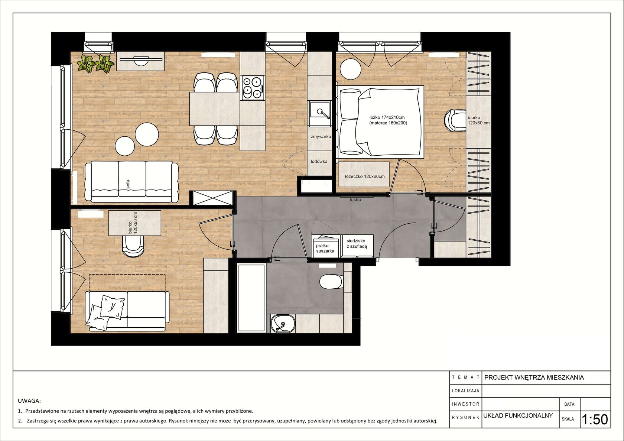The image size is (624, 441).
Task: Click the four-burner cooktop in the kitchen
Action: tap(252, 88)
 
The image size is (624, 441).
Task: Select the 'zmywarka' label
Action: tap(321, 137)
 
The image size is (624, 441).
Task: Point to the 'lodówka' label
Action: tap(319, 161)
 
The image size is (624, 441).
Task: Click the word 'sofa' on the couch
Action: tap(128, 184)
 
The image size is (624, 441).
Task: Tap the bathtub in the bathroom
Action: tap(251, 298)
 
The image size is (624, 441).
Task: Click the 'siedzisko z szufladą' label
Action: tap(357, 243)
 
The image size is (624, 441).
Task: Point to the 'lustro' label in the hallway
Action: tap(356, 200)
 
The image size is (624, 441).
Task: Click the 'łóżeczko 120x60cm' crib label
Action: tap(365, 176)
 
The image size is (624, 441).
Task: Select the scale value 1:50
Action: tap(594, 419)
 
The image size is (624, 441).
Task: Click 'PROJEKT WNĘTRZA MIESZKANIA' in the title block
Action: tap(534, 377)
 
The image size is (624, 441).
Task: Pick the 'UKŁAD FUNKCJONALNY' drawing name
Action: tap(518, 415)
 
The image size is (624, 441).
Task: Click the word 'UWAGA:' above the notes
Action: tap(29, 401)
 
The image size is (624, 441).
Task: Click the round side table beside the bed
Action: tap(350, 69)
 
